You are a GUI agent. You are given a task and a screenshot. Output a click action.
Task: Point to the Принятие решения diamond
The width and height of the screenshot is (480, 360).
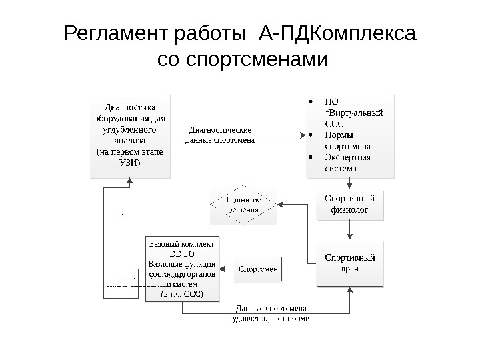(x=243, y=205)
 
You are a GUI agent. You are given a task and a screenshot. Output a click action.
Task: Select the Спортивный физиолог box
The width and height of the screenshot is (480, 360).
(x=349, y=205)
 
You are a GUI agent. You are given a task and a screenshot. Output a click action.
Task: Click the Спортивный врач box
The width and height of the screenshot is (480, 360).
(x=349, y=263)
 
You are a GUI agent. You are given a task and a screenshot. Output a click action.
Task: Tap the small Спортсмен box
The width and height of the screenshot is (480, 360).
(x=259, y=269)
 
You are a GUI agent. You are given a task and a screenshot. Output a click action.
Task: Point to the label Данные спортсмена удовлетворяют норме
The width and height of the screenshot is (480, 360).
(x=270, y=313)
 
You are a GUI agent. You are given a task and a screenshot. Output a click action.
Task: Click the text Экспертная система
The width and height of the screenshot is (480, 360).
(x=347, y=163)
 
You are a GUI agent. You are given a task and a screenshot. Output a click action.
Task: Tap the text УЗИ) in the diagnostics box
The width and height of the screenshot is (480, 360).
(x=130, y=164)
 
